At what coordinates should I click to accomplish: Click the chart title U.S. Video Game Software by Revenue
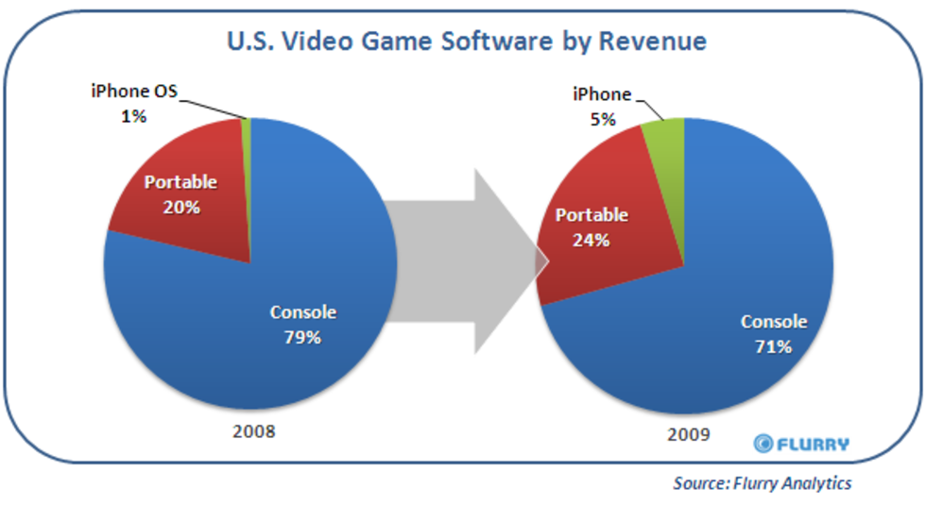coord(465,42)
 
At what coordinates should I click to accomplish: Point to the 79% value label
coord(302,336)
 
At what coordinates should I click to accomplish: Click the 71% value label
coord(773,345)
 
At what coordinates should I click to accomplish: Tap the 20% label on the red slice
coord(180,208)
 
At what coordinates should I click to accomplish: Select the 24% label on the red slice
coord(591,240)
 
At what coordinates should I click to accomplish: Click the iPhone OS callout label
coord(134,92)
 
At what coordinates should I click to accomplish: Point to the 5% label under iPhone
coord(600,119)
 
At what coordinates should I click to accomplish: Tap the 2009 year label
coord(688,436)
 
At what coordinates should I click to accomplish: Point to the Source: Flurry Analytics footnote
coord(762,483)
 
